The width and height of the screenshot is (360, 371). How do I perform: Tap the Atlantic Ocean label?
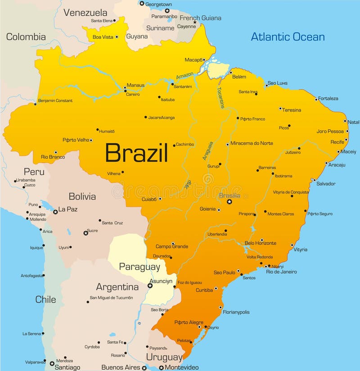[288, 36]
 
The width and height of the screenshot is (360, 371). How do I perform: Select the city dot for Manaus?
[125, 90]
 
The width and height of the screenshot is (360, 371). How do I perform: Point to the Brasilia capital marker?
[229, 202]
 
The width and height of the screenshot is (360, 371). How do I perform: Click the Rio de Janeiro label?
[281, 271]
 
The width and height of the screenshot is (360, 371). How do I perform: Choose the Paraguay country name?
[139, 267]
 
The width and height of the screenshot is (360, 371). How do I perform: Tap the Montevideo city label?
[181, 367]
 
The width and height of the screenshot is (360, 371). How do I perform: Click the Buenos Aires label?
[121, 367]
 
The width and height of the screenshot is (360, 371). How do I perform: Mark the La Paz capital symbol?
[55, 211]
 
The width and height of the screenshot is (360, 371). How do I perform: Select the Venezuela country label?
[85, 13]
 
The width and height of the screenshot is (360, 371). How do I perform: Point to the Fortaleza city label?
[328, 98]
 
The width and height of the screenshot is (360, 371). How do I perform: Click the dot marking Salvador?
[314, 180]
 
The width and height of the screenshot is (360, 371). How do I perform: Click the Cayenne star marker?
[195, 22]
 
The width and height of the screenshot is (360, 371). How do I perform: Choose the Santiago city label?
[67, 367]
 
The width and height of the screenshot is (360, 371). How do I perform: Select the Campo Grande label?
[172, 246]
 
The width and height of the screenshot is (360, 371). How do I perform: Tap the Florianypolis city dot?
[220, 308]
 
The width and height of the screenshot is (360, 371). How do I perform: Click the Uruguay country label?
[164, 357]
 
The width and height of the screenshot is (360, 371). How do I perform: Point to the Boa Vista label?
[103, 37]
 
